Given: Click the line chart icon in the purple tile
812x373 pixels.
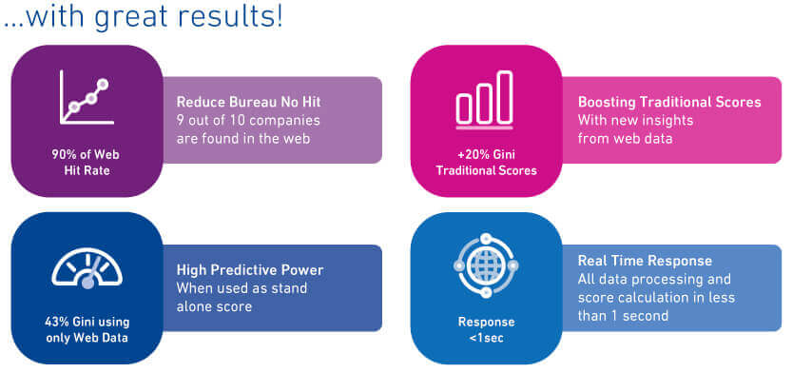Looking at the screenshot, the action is point(87,97).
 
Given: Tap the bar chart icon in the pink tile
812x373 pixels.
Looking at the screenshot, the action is point(484,100).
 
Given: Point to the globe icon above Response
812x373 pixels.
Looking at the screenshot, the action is point(486,265).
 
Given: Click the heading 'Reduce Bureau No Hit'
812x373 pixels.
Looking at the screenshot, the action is point(248,102).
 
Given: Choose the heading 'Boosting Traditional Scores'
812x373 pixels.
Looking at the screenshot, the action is point(669,102).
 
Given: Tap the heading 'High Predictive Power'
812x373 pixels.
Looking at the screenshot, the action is point(250,270).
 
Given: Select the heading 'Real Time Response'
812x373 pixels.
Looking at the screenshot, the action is point(645,260).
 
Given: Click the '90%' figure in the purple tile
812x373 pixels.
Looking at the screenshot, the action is point(63,154).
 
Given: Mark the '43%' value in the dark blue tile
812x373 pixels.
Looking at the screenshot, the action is point(57,322).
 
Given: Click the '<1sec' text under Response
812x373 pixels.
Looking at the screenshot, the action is point(486,339).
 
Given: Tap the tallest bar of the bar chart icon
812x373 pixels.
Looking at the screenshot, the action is point(505,97).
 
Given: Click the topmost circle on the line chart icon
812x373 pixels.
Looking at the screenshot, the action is point(103,84).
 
